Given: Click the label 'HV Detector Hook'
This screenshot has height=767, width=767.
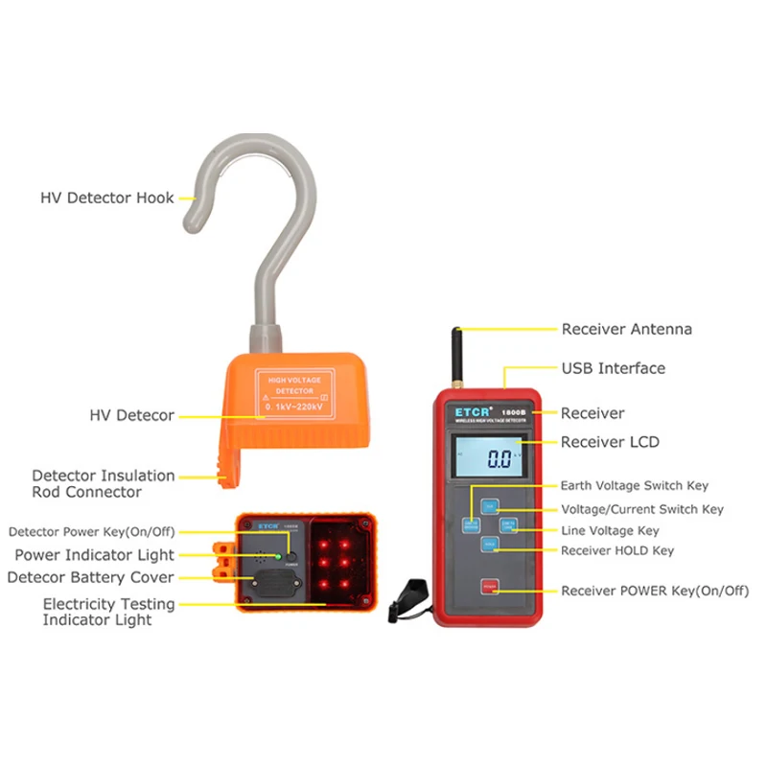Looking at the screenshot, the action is pyautogui.click(x=106, y=198).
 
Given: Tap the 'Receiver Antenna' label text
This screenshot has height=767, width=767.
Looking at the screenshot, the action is pyautogui.click(x=626, y=329).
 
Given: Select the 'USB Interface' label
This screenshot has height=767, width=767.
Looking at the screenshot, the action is pyautogui.click(x=613, y=368).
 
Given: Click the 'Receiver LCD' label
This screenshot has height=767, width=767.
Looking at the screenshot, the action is pyautogui.click(x=610, y=442).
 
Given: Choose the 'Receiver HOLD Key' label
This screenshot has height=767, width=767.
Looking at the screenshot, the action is pyautogui.click(x=617, y=550).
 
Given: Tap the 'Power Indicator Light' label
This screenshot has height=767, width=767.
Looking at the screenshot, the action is pyautogui.click(x=94, y=555).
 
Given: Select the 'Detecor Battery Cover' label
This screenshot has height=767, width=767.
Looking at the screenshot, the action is pyautogui.click(x=90, y=577).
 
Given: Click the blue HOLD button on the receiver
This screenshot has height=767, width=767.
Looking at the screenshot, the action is pyautogui.click(x=489, y=545).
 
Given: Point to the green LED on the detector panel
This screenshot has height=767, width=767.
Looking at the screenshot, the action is pyautogui.click(x=279, y=555).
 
